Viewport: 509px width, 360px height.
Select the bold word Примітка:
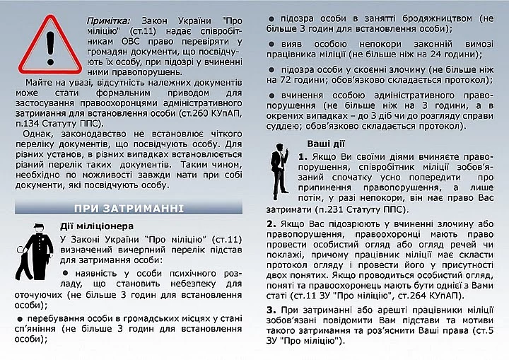coord(107,21)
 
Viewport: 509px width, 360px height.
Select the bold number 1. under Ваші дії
coord(303,156)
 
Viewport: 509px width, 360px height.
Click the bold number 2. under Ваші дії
coord(271,224)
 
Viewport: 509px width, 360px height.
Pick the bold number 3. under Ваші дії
coord(271,309)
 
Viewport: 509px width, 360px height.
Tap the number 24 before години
coord(436,54)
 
